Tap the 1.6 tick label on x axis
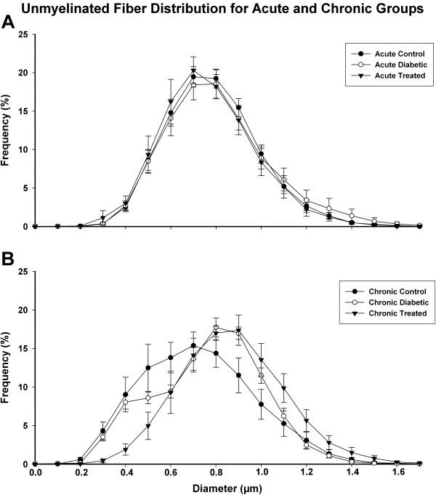pyautogui.click(x=396, y=472)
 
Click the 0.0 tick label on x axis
pyautogui.click(x=36, y=472)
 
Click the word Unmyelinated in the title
pyautogui.click(x=76, y=8)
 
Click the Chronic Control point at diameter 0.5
pyautogui.click(x=148, y=368)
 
